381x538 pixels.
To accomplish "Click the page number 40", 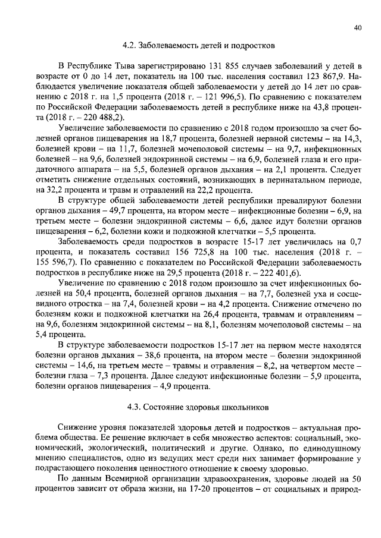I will (357, 27).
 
